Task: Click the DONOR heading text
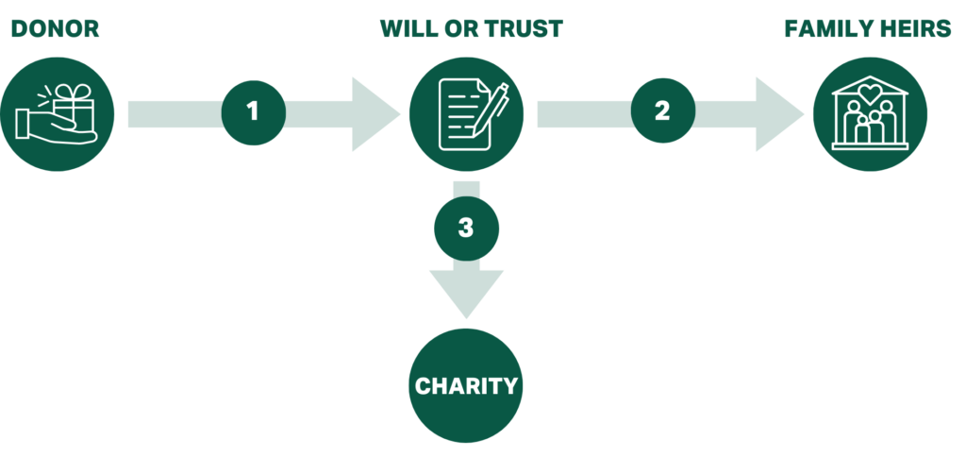[x=56, y=29]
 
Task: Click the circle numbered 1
[x=253, y=113]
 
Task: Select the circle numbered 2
[x=663, y=111]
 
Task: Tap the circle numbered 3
[x=466, y=228]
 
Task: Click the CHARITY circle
[x=466, y=385]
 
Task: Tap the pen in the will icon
[x=491, y=110]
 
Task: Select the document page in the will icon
[x=464, y=114]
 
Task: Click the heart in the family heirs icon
[x=869, y=94]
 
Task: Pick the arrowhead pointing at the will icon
[x=375, y=114]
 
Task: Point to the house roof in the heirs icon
[x=870, y=86]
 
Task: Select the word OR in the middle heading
[x=459, y=29]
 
